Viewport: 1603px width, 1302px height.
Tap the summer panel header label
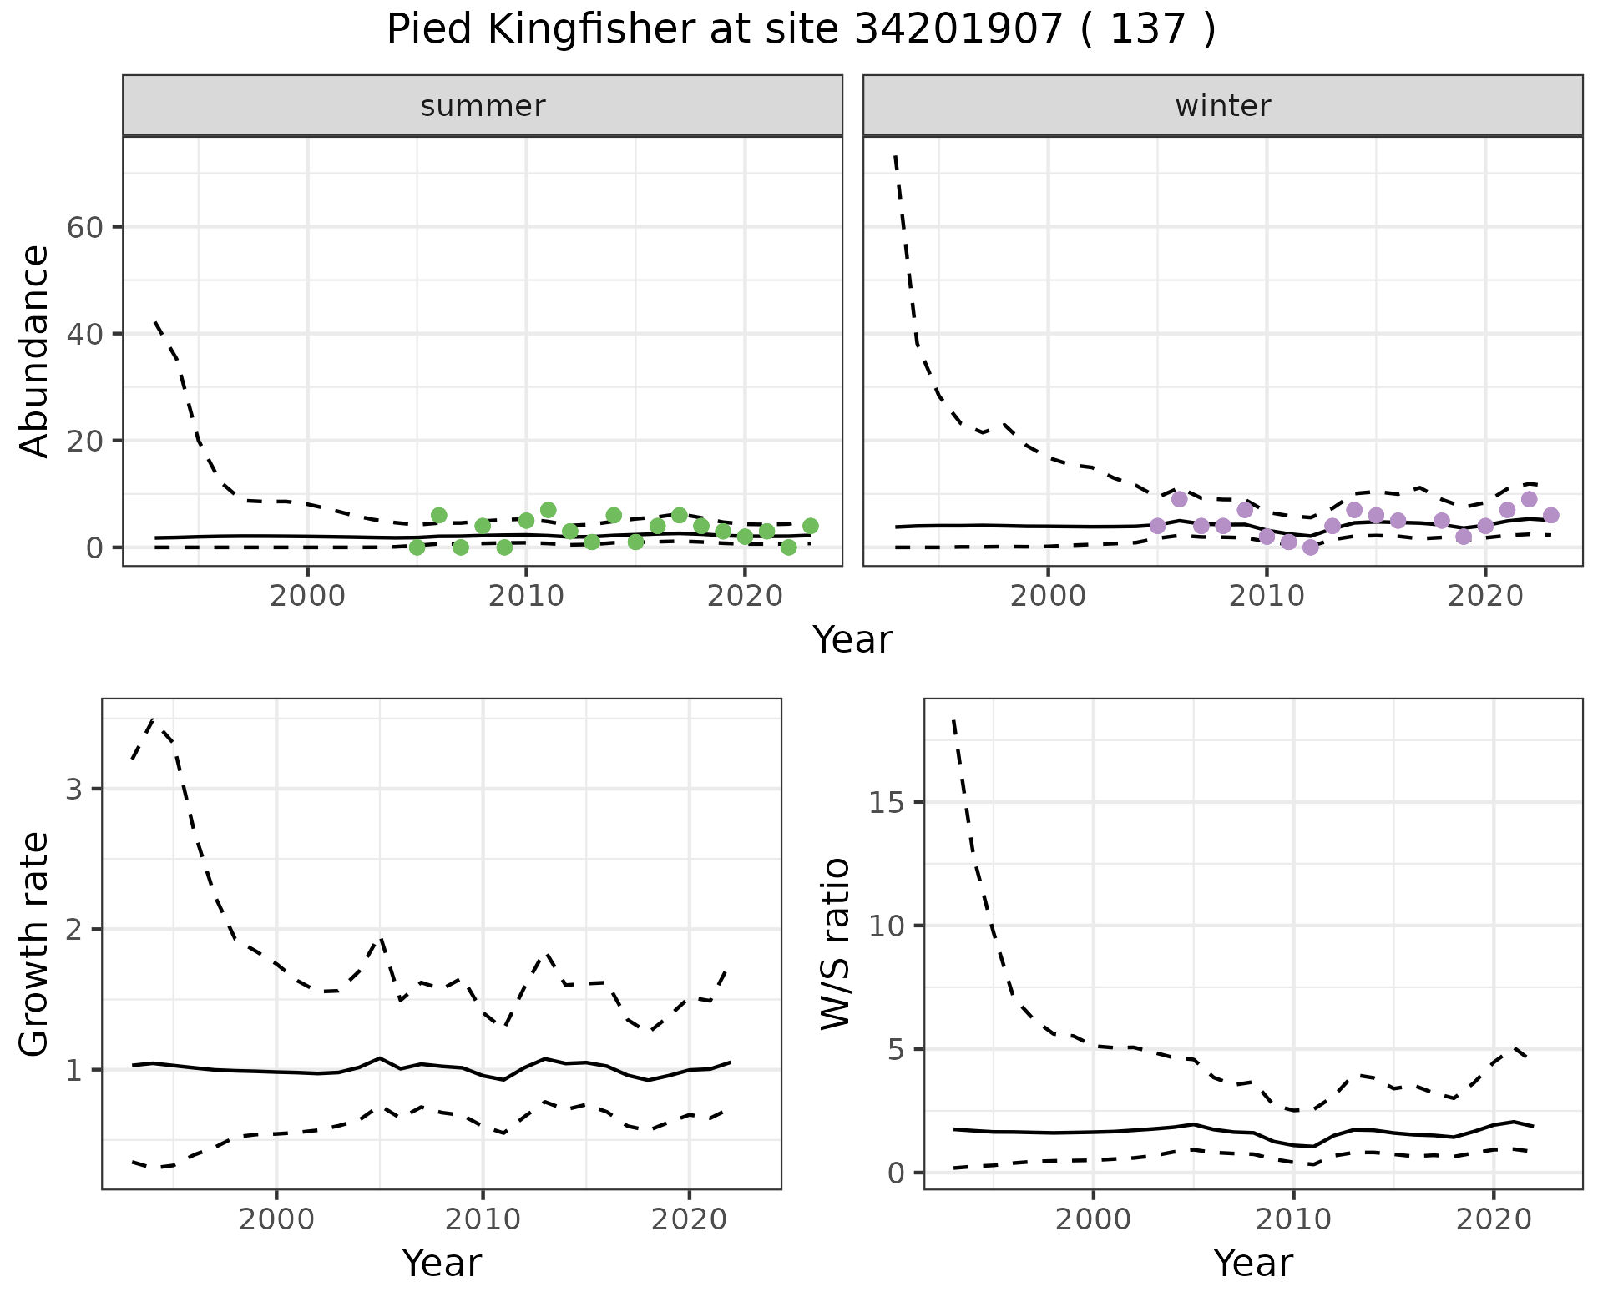[483, 106]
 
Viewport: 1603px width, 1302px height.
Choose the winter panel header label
[1223, 106]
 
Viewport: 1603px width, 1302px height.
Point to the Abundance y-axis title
[35, 351]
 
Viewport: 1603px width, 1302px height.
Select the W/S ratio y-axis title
[835, 944]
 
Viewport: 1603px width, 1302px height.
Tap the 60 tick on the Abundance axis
[83, 227]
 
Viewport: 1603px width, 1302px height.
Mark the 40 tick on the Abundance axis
[83, 334]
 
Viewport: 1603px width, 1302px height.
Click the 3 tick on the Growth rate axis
[73, 789]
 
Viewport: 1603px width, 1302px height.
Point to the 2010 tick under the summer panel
[526, 597]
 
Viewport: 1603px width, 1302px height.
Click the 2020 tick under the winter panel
[1485, 597]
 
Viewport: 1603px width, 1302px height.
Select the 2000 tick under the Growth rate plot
[276, 1219]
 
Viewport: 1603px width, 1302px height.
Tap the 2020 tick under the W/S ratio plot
[1494, 1219]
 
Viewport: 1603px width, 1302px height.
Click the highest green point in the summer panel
[548, 510]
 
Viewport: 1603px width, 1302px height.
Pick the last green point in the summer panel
[810, 526]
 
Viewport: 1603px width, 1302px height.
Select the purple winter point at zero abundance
[1310, 548]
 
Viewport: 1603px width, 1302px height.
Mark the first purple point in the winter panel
[1157, 526]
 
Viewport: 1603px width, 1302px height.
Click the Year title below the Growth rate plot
[442, 1264]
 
